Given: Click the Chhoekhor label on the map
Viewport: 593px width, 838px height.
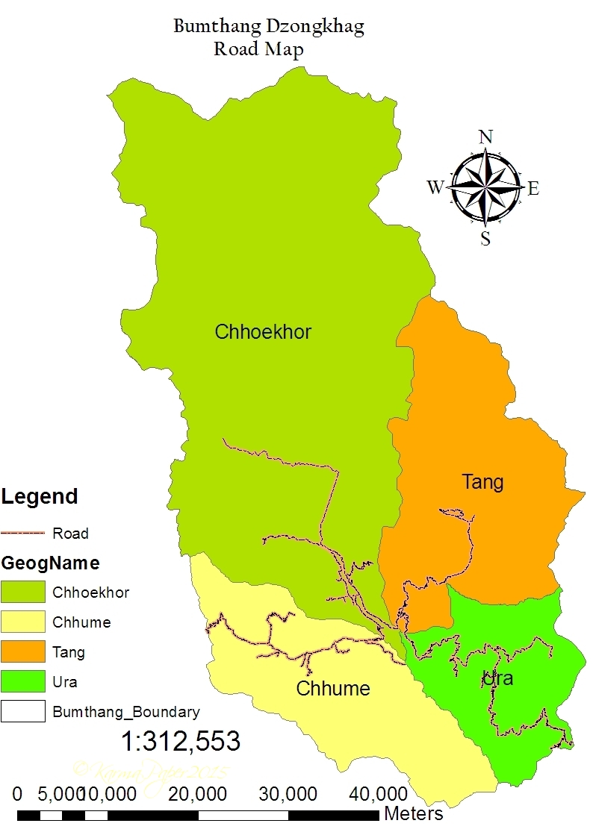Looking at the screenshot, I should tap(263, 332).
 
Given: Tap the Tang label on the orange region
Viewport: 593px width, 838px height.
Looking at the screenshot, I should tap(482, 482).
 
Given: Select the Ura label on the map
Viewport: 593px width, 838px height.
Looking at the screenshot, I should tap(498, 679).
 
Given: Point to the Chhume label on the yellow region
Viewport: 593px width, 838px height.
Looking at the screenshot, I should tap(333, 688).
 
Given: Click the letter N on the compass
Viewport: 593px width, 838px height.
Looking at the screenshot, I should tap(485, 137).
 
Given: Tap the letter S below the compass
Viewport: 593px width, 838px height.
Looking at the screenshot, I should tap(485, 239).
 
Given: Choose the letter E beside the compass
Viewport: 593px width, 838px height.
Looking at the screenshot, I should tap(533, 189).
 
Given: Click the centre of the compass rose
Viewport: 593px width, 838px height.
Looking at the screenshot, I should tap(485, 187).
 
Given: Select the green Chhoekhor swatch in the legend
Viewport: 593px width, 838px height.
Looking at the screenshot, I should tap(23, 592).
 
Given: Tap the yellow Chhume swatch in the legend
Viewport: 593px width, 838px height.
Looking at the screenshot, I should tap(23, 622).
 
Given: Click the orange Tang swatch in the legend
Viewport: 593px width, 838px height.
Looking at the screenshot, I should tap(23, 652).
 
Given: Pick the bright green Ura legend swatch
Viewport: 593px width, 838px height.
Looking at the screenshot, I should tap(23, 682).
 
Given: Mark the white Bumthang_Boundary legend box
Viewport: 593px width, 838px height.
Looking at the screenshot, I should tap(23, 712).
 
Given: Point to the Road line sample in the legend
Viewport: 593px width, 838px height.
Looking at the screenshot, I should tap(23, 534).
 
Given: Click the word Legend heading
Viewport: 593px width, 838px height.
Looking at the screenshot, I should tap(40, 496).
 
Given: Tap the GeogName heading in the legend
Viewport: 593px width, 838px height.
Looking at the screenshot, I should tap(50, 563).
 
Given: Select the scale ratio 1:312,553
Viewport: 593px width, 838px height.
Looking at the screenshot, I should tap(181, 741).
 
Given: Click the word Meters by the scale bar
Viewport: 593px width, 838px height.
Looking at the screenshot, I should tap(413, 813).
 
